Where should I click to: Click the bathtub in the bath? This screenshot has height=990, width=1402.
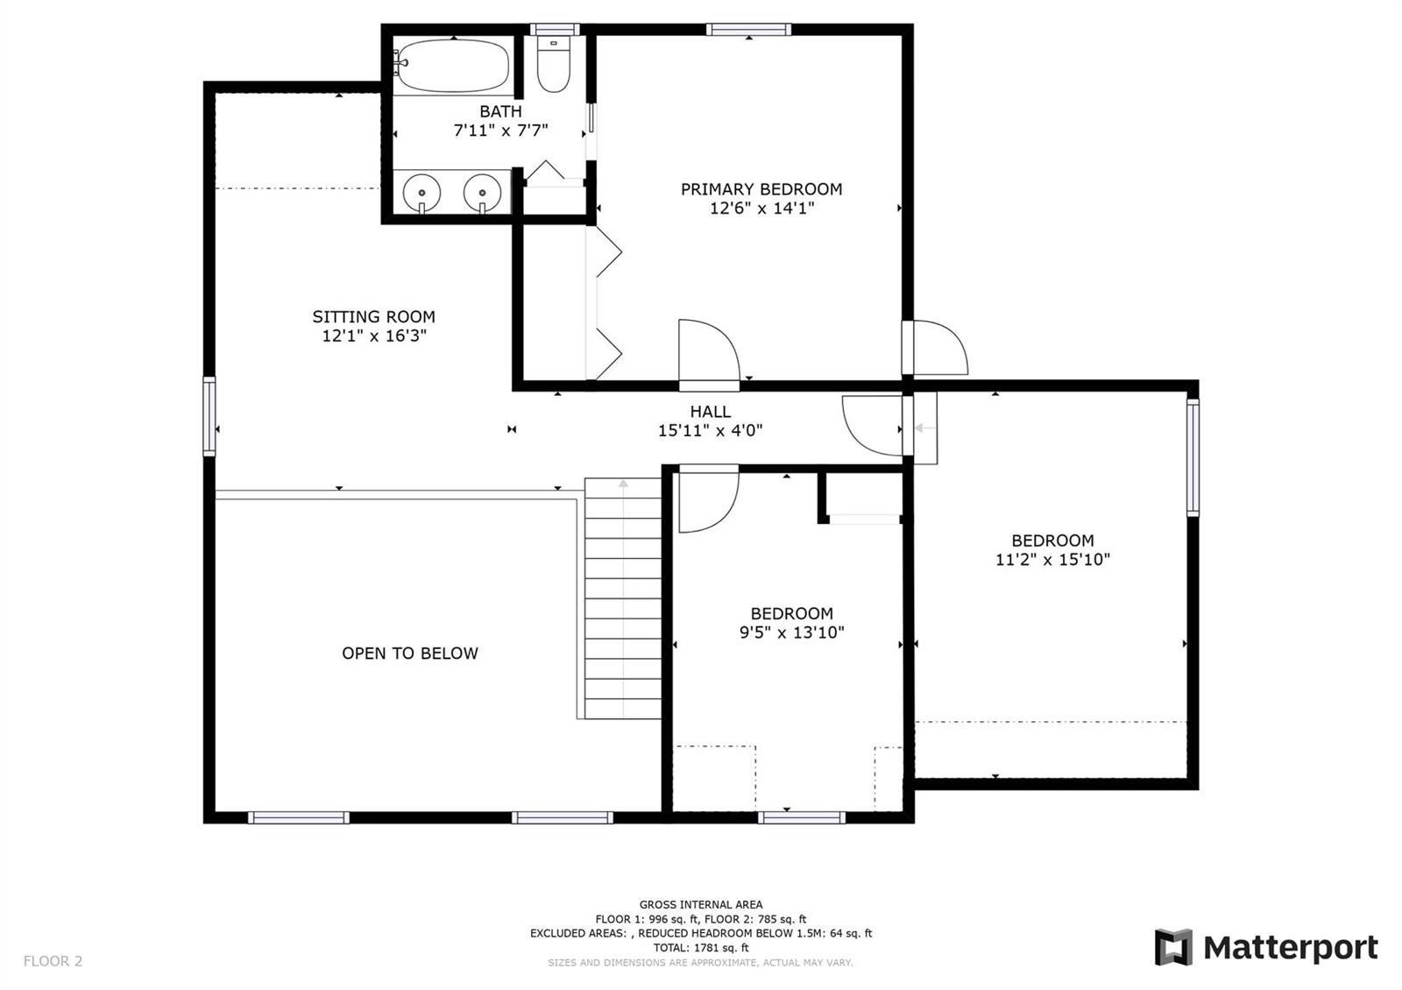pyautogui.click(x=453, y=65)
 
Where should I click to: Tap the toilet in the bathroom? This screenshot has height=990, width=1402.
pyautogui.click(x=554, y=65)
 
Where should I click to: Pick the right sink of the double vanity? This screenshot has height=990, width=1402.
pyautogui.click(x=482, y=194)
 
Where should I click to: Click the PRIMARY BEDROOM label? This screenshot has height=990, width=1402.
pyautogui.click(x=761, y=189)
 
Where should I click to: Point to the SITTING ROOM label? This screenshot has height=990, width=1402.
pyautogui.click(x=373, y=316)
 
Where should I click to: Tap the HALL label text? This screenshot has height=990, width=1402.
pyautogui.click(x=711, y=411)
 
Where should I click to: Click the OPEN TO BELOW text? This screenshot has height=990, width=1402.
pyautogui.click(x=410, y=654)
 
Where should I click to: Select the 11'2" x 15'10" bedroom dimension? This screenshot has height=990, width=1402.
pyautogui.click(x=1052, y=560)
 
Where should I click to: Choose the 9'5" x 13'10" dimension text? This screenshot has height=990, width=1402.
pyautogui.click(x=792, y=633)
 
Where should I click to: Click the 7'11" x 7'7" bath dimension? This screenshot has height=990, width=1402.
pyautogui.click(x=500, y=131)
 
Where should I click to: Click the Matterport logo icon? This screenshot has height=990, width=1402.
pyautogui.click(x=1173, y=947)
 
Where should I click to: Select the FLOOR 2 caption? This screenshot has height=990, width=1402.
pyautogui.click(x=53, y=961)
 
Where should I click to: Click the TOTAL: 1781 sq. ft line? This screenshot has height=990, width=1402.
pyautogui.click(x=701, y=948)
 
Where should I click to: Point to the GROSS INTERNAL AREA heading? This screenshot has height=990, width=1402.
pyautogui.click(x=701, y=904)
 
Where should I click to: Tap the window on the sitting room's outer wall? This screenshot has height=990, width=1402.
pyautogui.click(x=209, y=416)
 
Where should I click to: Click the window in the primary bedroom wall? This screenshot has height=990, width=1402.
pyautogui.click(x=748, y=30)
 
